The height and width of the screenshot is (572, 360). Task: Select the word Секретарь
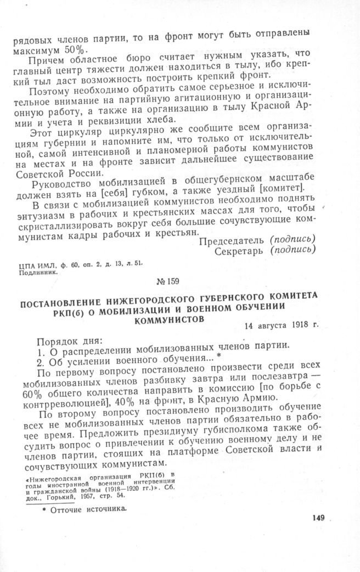(240, 251)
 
